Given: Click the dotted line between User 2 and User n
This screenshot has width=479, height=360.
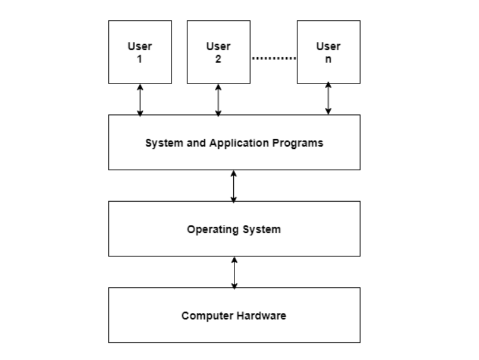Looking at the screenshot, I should [x=273, y=58].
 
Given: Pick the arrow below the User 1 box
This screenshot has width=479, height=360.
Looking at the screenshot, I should [x=140, y=99].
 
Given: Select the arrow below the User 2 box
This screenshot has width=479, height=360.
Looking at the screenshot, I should [x=218, y=99].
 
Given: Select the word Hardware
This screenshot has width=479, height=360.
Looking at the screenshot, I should [x=261, y=315].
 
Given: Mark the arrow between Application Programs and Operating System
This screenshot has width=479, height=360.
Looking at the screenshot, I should [x=234, y=186].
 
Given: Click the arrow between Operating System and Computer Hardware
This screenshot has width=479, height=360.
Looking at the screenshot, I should [x=234, y=272].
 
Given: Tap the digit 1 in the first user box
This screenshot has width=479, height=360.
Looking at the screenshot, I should [x=140, y=59].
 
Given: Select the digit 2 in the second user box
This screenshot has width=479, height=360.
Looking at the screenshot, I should [x=218, y=59].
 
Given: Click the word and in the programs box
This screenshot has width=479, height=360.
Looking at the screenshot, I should [x=192, y=143].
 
